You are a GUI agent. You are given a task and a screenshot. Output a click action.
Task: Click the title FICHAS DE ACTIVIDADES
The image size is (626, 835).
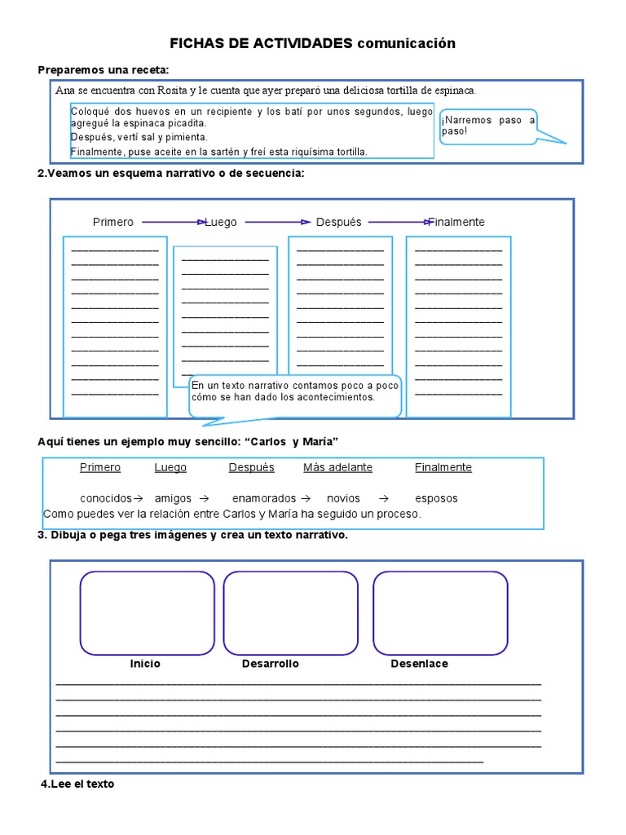[261, 43]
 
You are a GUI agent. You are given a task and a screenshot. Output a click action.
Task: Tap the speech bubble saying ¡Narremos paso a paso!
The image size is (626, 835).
[487, 126]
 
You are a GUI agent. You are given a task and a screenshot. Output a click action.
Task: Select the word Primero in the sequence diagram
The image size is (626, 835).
[113, 222]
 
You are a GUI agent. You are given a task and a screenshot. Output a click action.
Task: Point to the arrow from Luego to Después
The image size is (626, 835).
[278, 222]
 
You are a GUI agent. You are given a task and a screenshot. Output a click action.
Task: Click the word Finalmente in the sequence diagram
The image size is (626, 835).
[456, 222]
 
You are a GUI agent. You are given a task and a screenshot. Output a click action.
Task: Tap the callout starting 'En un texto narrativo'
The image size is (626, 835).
[295, 391]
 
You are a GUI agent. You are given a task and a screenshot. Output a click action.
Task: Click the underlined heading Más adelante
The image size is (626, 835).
[337, 467]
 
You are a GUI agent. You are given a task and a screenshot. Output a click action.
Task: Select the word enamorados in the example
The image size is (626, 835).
[264, 498]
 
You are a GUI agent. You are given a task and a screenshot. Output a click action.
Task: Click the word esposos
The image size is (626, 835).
[436, 498]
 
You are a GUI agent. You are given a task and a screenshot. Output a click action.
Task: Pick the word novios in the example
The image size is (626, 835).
[343, 498]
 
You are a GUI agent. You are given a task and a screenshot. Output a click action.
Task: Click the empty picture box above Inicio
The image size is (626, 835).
[147, 613]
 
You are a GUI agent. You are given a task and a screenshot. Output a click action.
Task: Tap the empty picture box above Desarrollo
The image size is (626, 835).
[290, 613]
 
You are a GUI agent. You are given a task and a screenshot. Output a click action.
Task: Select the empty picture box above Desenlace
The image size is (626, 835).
[440, 613]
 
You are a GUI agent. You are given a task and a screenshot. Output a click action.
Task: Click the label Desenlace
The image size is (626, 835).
[419, 664]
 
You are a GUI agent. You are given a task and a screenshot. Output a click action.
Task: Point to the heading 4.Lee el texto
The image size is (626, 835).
[77, 784]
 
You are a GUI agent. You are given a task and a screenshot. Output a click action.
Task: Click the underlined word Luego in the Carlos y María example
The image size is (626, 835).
[170, 467]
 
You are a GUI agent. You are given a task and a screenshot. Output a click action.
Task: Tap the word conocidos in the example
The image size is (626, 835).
[106, 498]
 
